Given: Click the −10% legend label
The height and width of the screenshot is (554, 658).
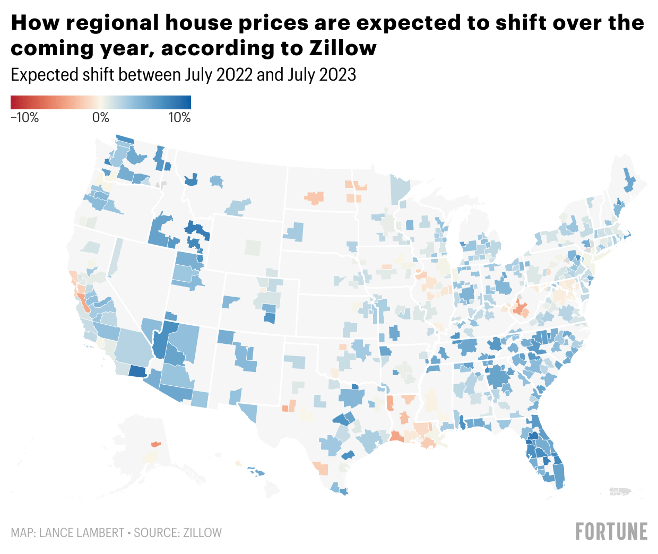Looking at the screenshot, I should (25, 118).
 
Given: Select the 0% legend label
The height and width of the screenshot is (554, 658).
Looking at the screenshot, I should (100, 118).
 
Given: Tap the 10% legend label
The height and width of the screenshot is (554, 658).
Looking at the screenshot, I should (179, 118).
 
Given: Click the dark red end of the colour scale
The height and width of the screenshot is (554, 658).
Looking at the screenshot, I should (14, 102).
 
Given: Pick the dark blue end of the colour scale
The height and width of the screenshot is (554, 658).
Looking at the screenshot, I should (187, 102).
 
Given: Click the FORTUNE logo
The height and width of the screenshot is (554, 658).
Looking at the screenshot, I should (611, 532).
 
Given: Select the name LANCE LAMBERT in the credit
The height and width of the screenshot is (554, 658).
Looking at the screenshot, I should (82, 533).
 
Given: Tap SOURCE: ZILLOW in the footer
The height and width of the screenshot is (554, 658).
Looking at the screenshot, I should (178, 533).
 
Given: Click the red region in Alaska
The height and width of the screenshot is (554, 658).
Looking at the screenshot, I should (155, 444).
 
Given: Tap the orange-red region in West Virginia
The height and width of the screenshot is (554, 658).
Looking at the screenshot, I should (520, 306).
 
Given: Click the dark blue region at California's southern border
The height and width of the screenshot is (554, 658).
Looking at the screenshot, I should (137, 371).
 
